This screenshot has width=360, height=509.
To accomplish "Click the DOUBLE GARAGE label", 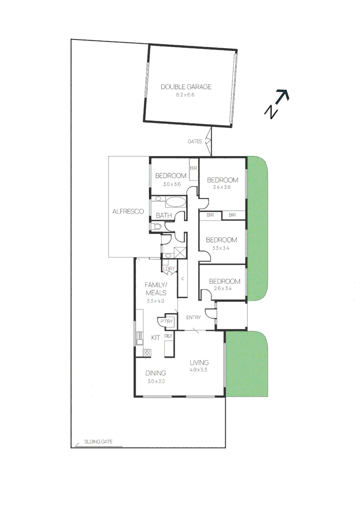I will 186,87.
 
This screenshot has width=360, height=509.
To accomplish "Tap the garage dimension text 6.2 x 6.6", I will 185,95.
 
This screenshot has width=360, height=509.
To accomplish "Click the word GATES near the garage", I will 195,141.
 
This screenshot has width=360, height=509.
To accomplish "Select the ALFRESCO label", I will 128,212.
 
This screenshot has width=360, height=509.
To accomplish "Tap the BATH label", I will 163,216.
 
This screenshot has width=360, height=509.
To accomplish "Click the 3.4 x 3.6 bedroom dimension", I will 222,187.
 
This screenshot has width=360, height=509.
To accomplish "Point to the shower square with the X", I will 180,252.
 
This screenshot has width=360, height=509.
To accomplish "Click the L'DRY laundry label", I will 169,269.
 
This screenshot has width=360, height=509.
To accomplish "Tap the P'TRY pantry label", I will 166,322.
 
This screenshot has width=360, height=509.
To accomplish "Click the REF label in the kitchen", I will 168,336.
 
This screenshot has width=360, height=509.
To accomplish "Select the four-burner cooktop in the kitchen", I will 147,352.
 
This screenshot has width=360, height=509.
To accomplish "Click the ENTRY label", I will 193,317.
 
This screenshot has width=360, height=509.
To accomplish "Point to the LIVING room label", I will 199,363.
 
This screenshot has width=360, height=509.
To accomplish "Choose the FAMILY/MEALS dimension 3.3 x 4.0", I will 155,301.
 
